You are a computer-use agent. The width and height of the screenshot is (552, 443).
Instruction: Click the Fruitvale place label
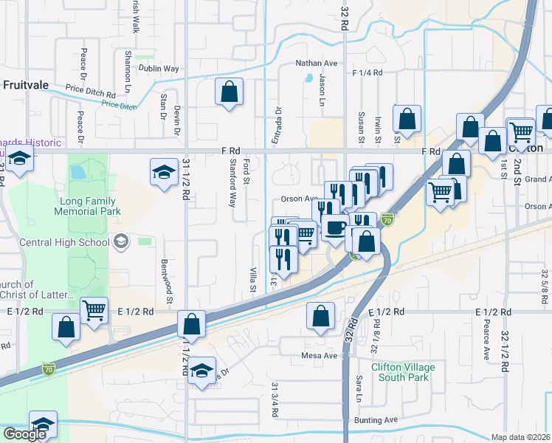pos(25,85)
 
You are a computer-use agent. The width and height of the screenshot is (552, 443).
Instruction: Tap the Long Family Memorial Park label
pos(85,206)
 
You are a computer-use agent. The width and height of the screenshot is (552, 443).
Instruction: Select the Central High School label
pos(68,241)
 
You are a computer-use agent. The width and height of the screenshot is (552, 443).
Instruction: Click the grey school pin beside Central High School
pos(120,241)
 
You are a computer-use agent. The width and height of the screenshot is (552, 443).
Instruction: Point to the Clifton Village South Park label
pos(402,372)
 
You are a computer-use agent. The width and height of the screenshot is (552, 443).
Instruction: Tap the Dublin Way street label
pos(162,69)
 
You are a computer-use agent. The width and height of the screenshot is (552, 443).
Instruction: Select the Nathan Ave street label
pos(316,63)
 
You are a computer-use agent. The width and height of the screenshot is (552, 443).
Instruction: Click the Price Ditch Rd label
pos(90,95)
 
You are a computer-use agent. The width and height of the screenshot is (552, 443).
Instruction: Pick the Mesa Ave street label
pos(319,355)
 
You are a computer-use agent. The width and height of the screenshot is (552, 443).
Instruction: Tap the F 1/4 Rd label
pos(368,73)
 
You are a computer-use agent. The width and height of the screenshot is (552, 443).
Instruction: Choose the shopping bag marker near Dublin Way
pos(230,92)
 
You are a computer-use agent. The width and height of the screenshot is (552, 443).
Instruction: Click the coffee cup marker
pos(335,227)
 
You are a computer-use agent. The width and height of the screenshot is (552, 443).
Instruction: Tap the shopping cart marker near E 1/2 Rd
pos(94,310)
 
